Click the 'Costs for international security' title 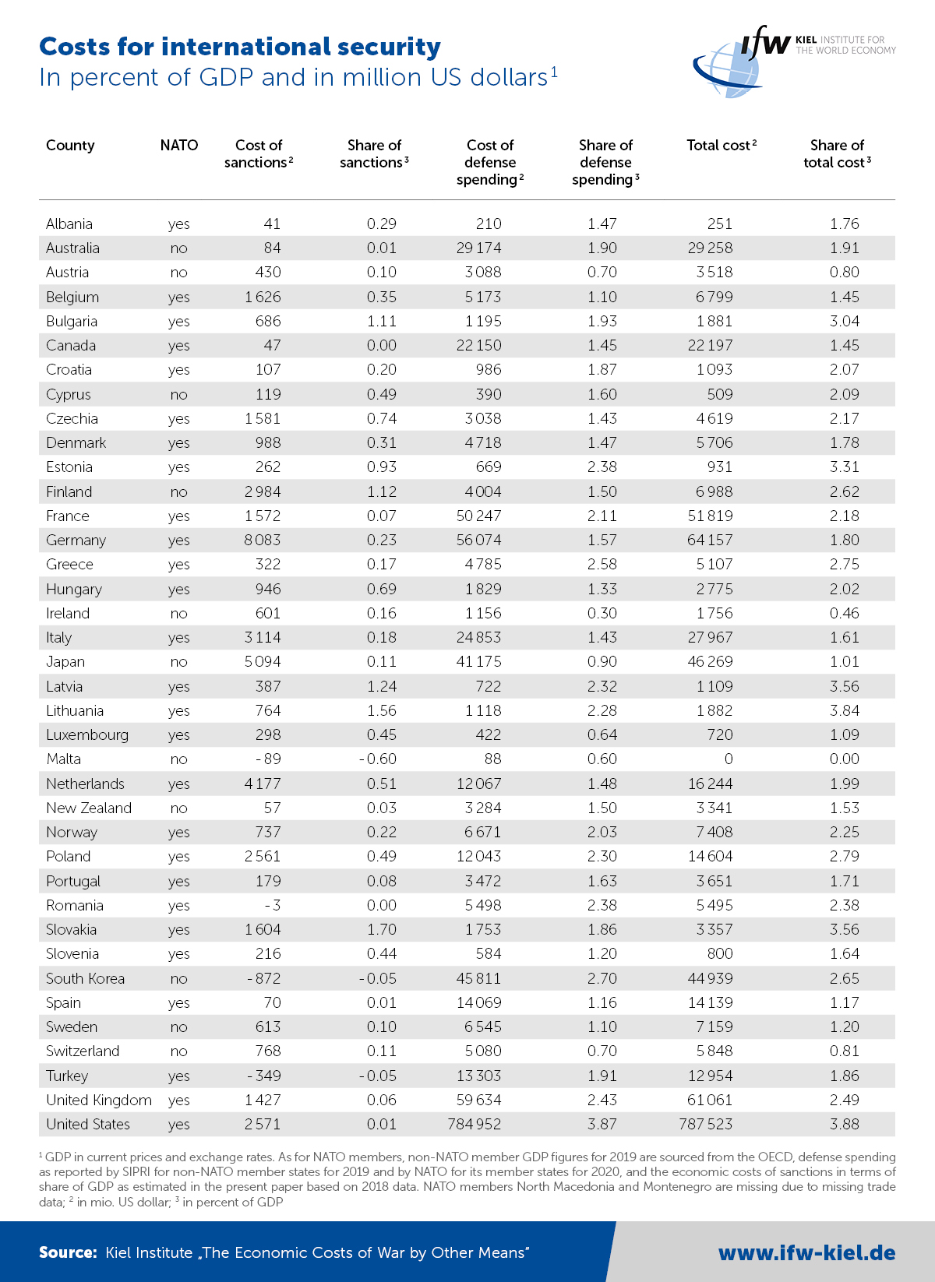tap(240, 47)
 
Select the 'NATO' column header tap(179, 146)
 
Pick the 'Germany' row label tap(76, 541)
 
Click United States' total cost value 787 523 tap(705, 1125)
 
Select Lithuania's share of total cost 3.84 tap(844, 711)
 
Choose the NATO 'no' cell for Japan tap(178, 662)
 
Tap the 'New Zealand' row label tap(89, 808)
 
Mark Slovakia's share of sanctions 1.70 tap(381, 930)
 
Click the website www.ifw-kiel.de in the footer tap(806, 1252)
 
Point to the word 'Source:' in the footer tap(68, 1252)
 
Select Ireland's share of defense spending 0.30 tap(602, 614)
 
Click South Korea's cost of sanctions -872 tap(264, 979)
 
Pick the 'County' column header tap(70, 146)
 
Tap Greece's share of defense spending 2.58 tap(602, 565)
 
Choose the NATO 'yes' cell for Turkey tap(178, 1076)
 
